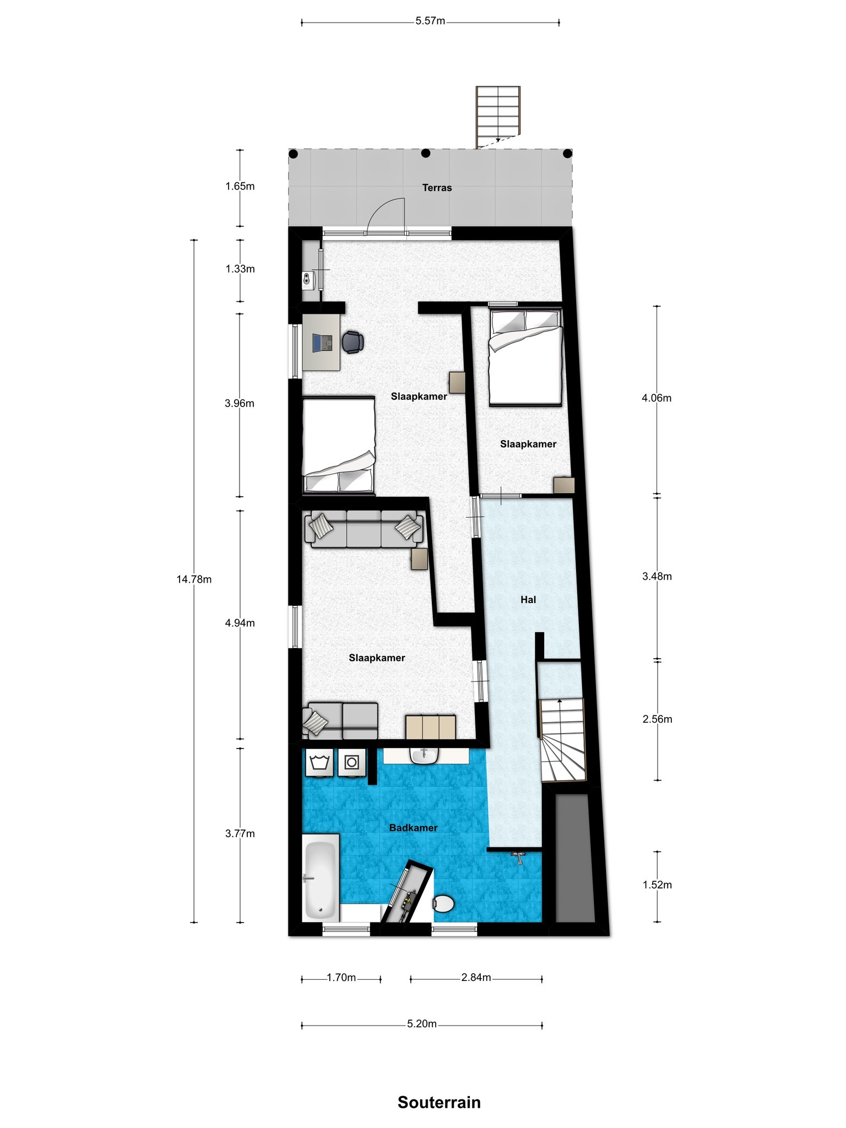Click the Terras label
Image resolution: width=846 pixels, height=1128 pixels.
(437, 188)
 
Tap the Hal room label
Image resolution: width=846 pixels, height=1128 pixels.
(528, 600)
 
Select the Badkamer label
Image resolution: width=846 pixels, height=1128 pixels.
(413, 828)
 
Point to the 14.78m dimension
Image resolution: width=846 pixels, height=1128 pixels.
(194, 579)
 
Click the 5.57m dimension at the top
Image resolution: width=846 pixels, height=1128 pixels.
(430, 21)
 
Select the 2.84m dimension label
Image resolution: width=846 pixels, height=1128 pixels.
(476, 978)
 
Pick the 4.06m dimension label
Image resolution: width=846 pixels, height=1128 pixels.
(657, 398)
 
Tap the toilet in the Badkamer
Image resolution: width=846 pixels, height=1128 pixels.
(443, 903)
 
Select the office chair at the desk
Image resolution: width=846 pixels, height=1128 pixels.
(352, 342)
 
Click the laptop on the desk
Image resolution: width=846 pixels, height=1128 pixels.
(322, 343)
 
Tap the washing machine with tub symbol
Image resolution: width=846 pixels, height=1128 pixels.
(319, 763)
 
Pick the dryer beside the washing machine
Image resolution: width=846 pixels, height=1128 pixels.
(351, 763)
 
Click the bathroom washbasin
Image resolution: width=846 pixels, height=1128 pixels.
(424, 756)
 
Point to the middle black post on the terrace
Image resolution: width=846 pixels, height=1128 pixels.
(426, 153)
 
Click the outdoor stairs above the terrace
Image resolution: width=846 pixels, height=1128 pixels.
(498, 117)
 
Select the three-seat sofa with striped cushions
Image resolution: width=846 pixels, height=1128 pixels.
(364, 529)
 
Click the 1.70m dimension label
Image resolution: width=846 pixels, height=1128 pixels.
(341, 978)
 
